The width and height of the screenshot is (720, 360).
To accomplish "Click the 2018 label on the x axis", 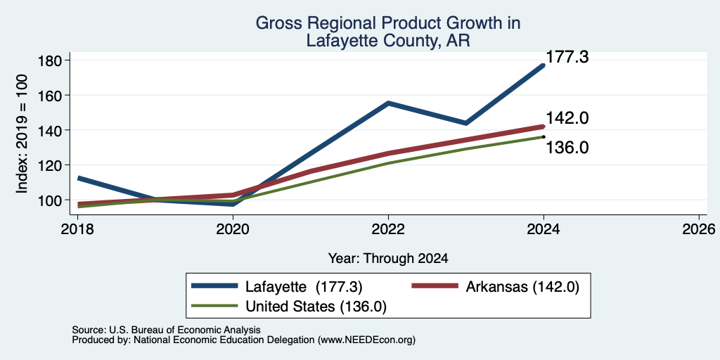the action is click(77, 229).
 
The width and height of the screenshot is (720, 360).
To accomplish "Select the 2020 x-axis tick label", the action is click(233, 229).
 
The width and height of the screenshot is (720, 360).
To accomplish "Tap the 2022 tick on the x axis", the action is click(388, 229).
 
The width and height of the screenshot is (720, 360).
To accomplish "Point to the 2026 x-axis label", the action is click(699, 229).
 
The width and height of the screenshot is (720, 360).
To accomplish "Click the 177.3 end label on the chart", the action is click(567, 58).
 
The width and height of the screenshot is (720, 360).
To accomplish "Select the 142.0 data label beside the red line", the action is click(567, 118).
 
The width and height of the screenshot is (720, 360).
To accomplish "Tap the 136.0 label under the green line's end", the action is click(567, 148).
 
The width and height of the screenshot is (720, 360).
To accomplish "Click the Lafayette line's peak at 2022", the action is click(388, 103).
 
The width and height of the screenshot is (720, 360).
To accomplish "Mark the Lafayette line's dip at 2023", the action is click(465, 123).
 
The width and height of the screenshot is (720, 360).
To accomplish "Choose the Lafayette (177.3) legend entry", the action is click(277, 287).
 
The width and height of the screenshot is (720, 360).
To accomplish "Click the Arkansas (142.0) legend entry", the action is click(496, 287).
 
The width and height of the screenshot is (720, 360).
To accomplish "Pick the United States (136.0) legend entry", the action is click(289, 307).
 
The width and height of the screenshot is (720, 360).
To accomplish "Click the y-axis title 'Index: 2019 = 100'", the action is click(22, 134).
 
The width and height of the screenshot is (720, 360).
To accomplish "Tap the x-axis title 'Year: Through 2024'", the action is click(388, 259).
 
